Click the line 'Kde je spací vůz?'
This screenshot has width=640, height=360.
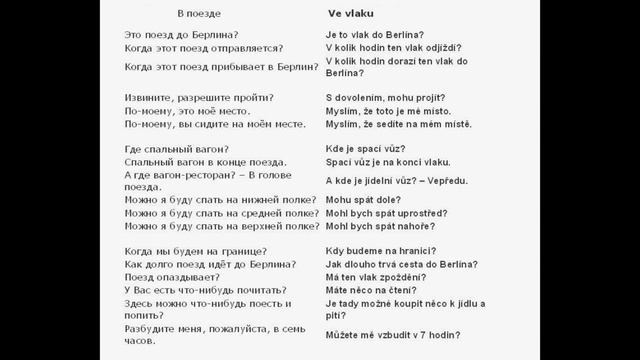tap(367, 149)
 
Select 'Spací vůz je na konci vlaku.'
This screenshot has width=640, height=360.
tap(388, 162)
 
